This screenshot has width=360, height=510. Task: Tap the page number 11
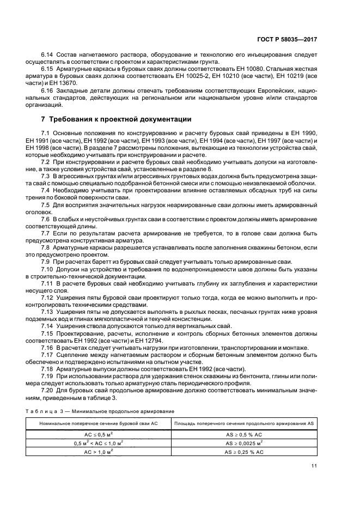tap(314, 465)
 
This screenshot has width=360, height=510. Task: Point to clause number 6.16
tap(47, 90)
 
